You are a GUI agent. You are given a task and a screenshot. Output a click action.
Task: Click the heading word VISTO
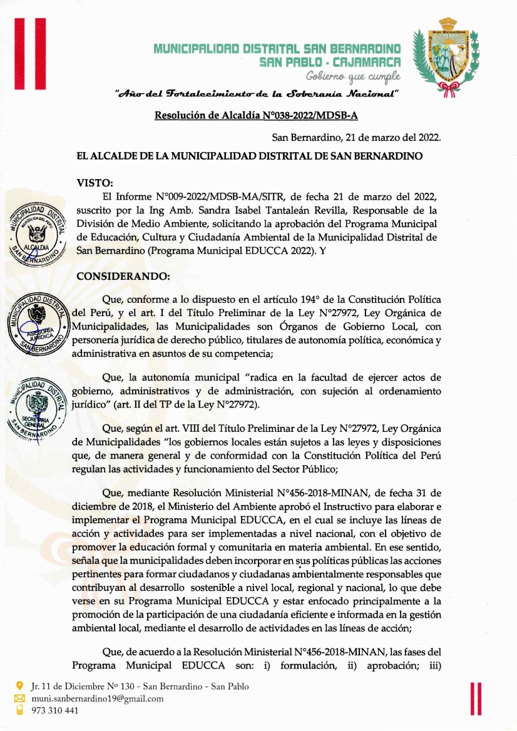click(94, 183)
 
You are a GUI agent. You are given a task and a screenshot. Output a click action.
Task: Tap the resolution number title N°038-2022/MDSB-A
click(255, 116)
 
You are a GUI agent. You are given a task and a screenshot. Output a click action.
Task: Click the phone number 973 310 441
click(55, 710)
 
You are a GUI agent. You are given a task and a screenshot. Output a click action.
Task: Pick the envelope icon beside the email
click(19, 698)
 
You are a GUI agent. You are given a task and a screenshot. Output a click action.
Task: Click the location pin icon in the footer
click(19, 687)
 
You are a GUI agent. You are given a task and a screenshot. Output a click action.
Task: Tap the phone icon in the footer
click(19, 710)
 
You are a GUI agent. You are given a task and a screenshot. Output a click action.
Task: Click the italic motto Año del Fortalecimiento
click(257, 95)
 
